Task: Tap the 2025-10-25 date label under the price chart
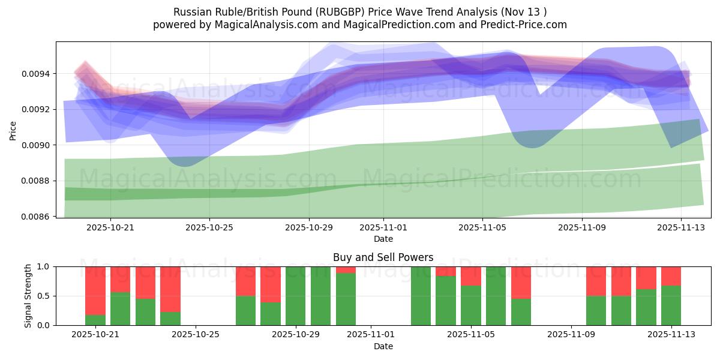coord(209,228)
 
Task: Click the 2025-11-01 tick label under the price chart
coord(383,228)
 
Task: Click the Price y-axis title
coord(13,130)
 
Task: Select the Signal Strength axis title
coord(28,296)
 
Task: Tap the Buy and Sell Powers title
coord(383,257)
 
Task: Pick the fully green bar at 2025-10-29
coord(295,296)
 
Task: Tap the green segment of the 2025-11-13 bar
coord(671,305)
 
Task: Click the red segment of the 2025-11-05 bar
coord(471,276)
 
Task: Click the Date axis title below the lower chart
coord(383,347)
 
